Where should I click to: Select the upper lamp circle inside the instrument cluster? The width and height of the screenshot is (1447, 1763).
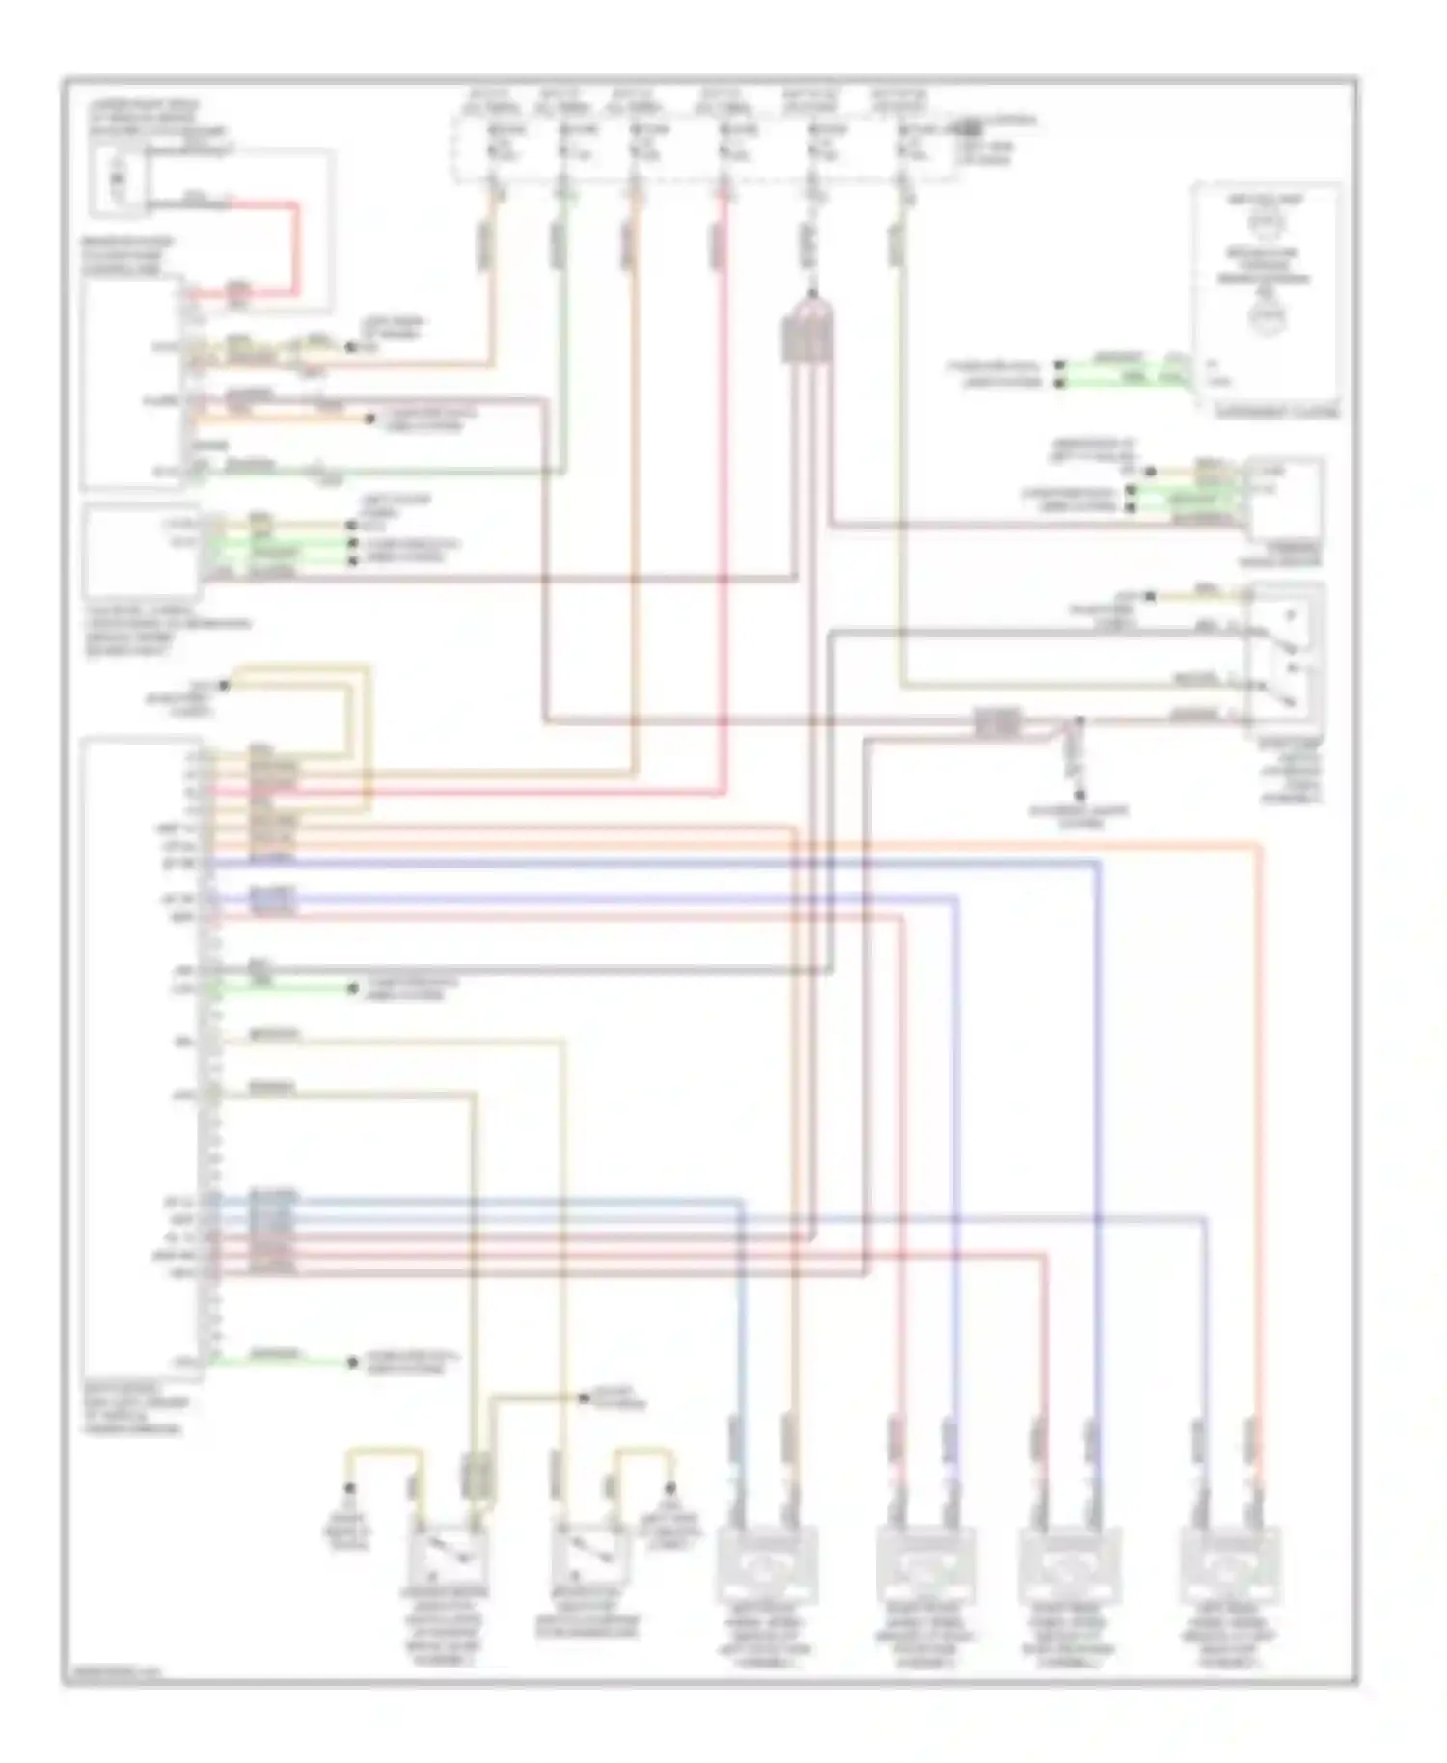[x=1264, y=224]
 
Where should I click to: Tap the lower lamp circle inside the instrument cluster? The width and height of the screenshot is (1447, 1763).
[x=1264, y=316]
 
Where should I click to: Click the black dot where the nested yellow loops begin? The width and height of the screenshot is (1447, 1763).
[x=224, y=686]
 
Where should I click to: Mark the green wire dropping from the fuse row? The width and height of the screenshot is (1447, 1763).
[x=563, y=366]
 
